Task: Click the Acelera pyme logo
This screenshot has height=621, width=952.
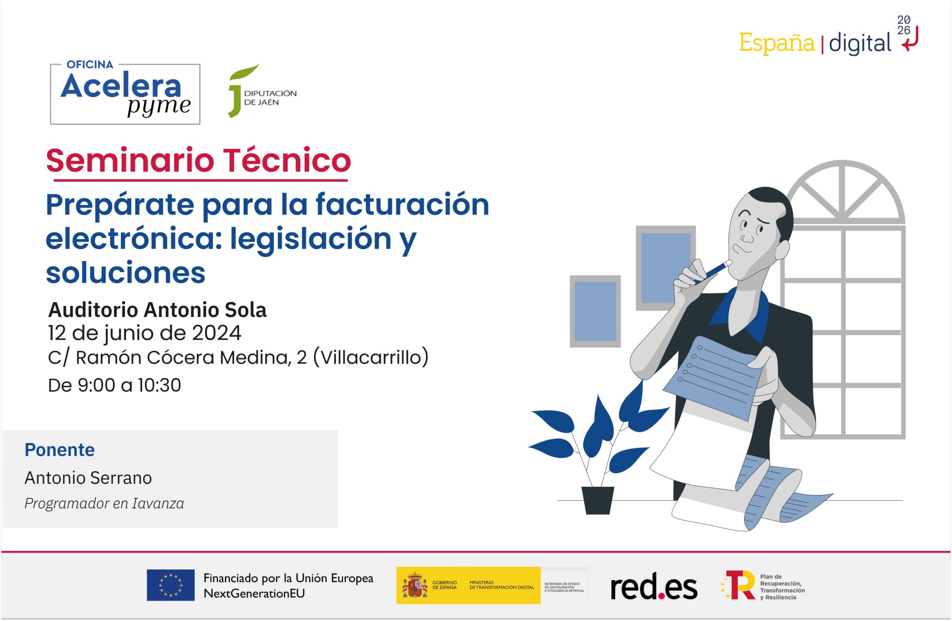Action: click(x=125, y=94)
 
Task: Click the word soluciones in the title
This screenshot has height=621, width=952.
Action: click(x=126, y=273)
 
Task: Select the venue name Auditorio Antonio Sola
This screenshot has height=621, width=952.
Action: click(x=157, y=310)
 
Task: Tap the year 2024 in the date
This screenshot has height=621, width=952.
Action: click(x=216, y=333)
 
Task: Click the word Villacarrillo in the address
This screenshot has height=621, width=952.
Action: click(x=370, y=357)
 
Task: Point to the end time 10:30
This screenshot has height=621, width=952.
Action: click(x=159, y=386)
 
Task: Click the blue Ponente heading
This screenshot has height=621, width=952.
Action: click(x=59, y=450)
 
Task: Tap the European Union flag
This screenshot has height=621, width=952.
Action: click(x=170, y=585)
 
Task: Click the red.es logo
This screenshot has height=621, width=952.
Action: click(x=654, y=586)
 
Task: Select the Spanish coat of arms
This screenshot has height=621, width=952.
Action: click(x=414, y=585)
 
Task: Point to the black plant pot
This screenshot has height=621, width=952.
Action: click(x=598, y=500)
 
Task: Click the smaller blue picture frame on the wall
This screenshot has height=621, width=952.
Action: click(x=595, y=311)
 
